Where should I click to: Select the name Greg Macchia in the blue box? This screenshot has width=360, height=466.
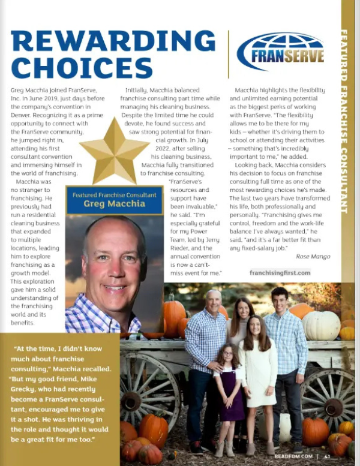coord(114,203)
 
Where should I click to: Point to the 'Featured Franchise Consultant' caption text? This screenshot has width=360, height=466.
coord(114,194)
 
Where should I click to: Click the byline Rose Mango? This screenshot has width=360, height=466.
coord(313,256)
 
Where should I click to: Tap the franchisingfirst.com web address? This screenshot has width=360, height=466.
coord(280,273)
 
